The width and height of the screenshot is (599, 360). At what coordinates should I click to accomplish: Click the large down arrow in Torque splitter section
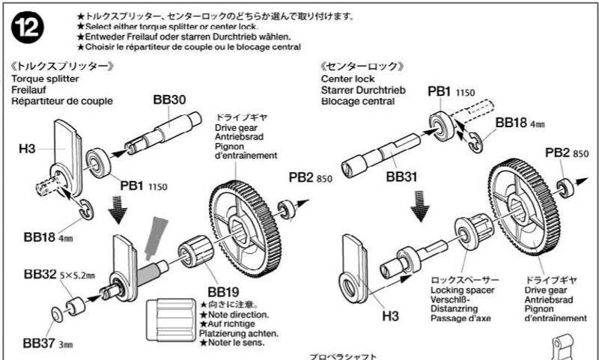tap(117, 209)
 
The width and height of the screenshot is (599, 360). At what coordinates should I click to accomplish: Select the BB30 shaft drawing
tap(164, 133)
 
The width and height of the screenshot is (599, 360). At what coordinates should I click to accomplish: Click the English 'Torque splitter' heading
tap(43, 77)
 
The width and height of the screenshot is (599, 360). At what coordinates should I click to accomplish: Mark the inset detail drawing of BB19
tap(173, 317)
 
